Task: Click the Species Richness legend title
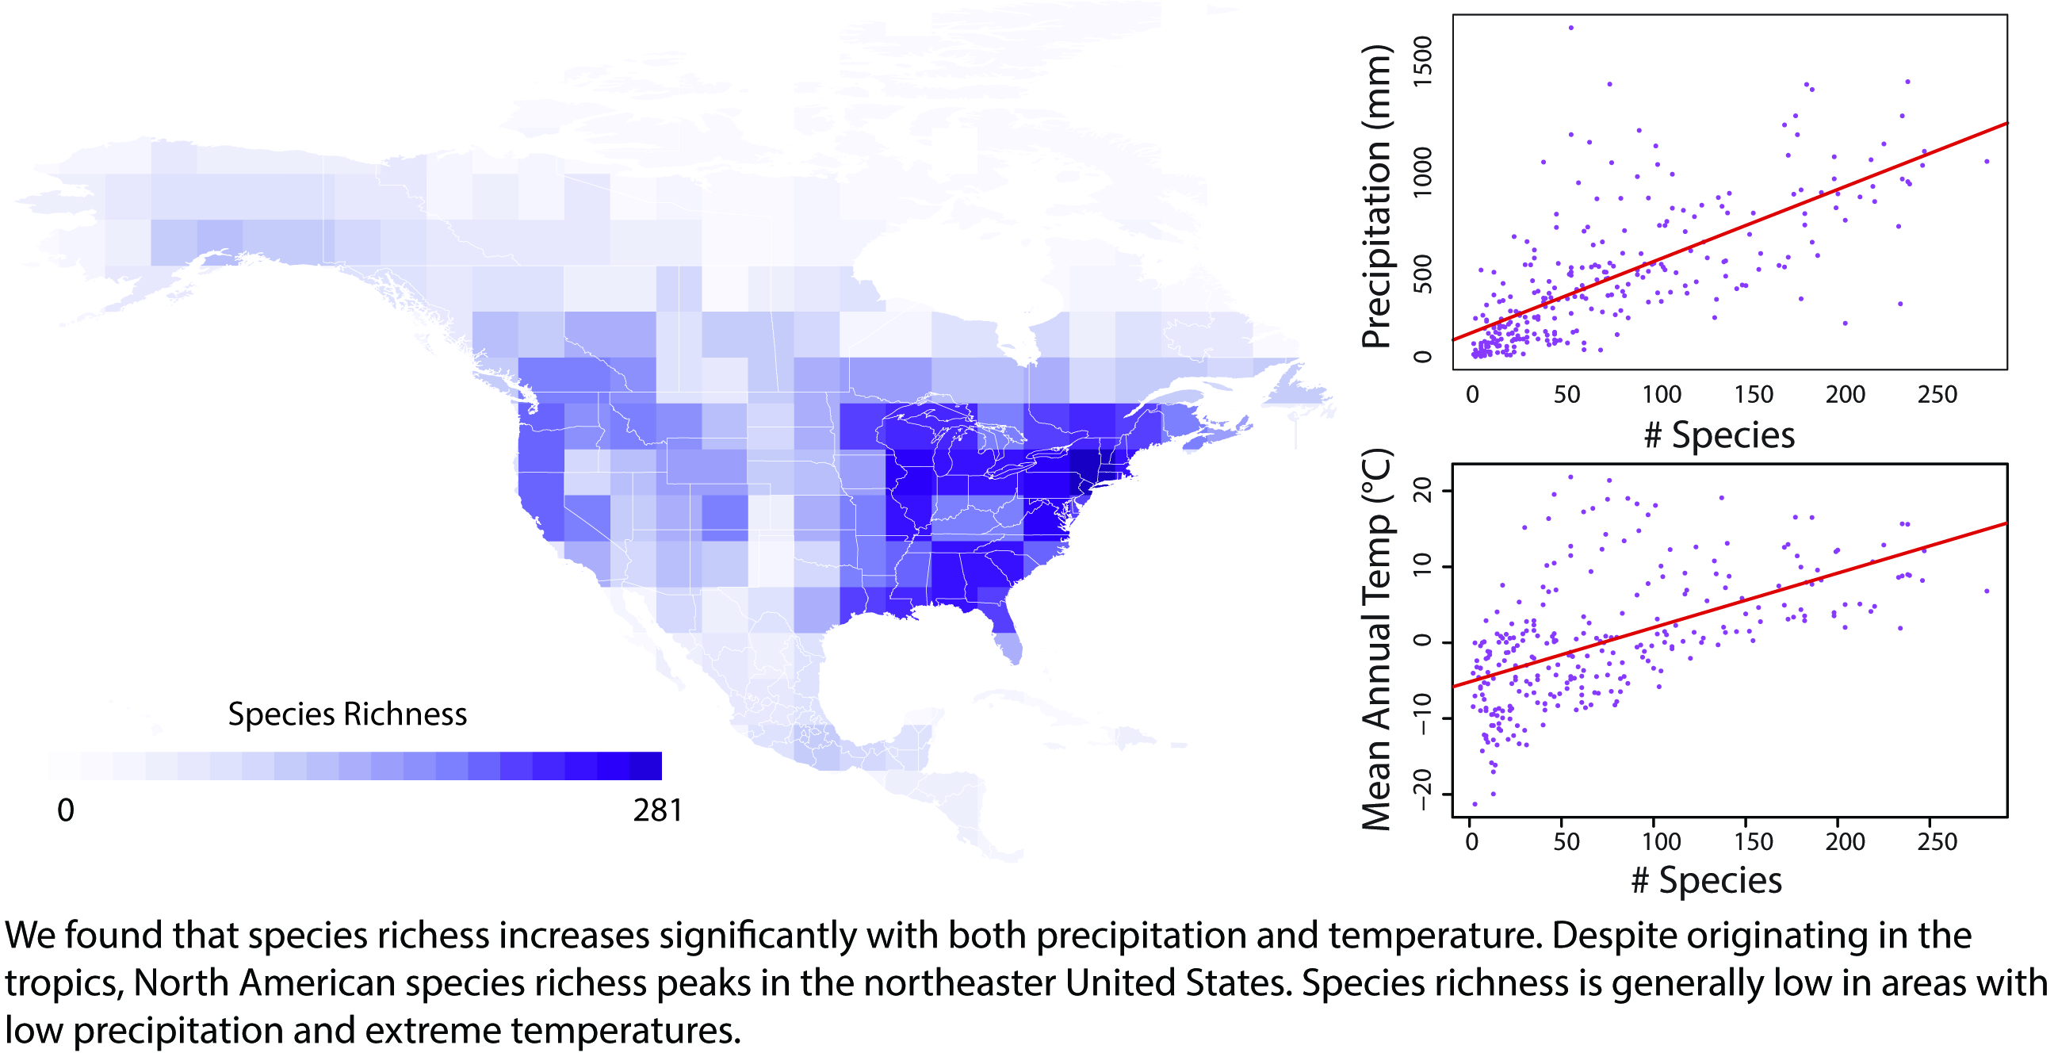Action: (x=346, y=714)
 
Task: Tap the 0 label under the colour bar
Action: (x=66, y=810)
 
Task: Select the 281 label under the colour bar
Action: (x=657, y=810)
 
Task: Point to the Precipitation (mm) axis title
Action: (x=1375, y=197)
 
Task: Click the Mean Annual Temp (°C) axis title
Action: (x=1375, y=640)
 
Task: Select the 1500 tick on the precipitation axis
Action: (x=1423, y=61)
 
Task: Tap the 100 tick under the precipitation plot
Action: (x=1662, y=394)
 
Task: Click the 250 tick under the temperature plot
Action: (x=1937, y=841)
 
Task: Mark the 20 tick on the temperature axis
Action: (x=1423, y=490)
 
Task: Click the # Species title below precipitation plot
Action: (x=1719, y=435)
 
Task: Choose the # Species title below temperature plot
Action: (x=1707, y=880)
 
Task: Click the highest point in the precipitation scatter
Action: (x=1570, y=27)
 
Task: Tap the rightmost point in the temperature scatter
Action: (x=1987, y=592)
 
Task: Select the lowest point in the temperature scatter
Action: (x=1475, y=804)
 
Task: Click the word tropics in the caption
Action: (x=64, y=982)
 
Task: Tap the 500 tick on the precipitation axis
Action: (x=1423, y=274)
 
